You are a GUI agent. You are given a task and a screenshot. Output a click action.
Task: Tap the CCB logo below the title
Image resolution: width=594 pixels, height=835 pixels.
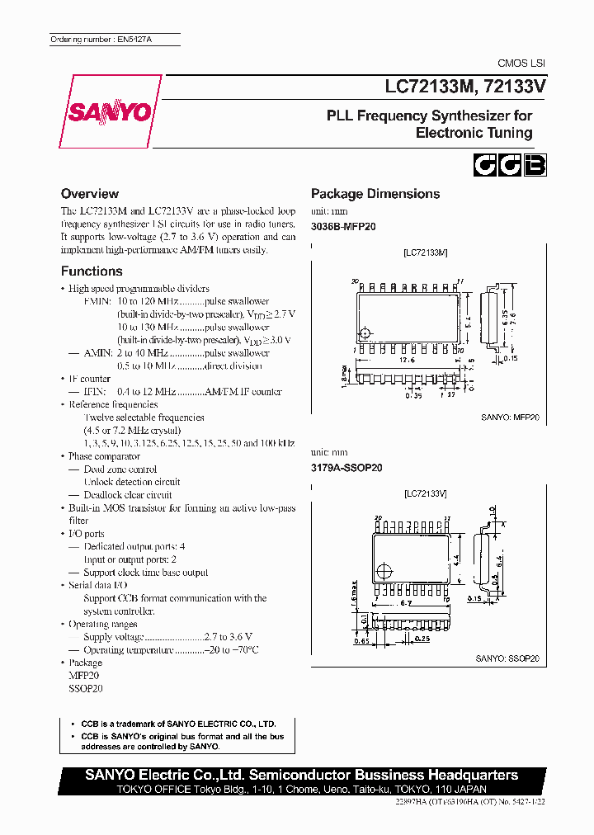click(x=508, y=165)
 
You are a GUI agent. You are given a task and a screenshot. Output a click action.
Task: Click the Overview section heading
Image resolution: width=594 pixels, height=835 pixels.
click(x=90, y=194)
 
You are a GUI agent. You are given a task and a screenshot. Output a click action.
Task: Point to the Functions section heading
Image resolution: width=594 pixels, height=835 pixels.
click(x=92, y=271)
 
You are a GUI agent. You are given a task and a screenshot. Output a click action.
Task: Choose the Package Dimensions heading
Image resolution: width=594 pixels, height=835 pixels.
click(x=375, y=194)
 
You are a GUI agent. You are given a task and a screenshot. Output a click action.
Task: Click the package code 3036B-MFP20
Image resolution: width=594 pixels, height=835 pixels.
click(x=343, y=225)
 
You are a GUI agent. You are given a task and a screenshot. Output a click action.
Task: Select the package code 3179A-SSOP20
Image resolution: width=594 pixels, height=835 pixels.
click(x=346, y=467)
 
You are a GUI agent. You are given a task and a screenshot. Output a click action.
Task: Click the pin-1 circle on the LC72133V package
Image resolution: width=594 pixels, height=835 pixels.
click(x=382, y=569)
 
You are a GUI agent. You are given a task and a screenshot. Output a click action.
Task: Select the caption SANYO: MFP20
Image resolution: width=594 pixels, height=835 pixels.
click(x=510, y=417)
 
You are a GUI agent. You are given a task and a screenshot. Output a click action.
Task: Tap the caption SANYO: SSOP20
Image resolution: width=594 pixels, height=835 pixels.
click(x=507, y=658)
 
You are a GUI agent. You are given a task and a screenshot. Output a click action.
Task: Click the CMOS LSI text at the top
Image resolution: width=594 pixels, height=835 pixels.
click(x=521, y=63)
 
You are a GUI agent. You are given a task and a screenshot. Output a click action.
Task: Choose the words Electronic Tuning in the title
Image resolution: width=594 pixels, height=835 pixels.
click(x=474, y=133)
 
